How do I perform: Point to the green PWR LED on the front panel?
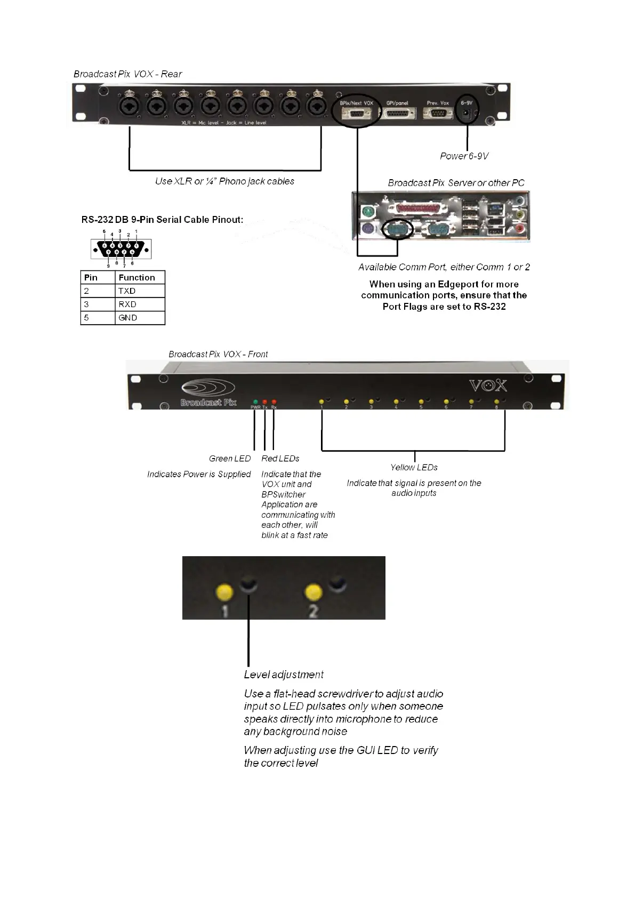point(255,402)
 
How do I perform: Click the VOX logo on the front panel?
point(488,386)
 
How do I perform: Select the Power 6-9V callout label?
point(464,156)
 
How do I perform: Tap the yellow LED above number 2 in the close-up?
point(314,592)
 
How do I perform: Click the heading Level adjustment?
point(284,675)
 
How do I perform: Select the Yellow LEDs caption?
point(414,468)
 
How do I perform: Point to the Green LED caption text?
point(230,459)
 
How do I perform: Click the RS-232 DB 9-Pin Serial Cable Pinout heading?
point(162,220)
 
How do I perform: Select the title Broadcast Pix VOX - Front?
point(218,354)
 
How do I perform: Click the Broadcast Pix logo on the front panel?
point(208,394)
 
